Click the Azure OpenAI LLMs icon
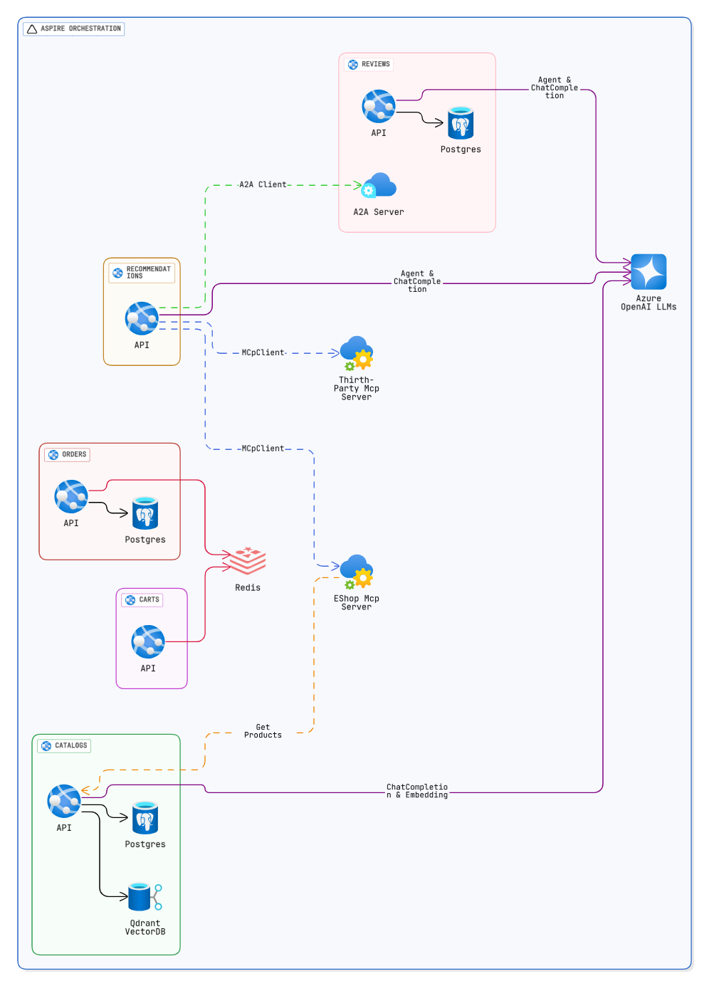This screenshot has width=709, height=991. click(648, 272)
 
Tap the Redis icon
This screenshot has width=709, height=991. click(248, 560)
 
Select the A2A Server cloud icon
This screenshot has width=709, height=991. click(379, 185)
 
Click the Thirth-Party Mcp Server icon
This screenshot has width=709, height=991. click(357, 354)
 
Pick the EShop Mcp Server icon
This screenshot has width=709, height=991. click(357, 572)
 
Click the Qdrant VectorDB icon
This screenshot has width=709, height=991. click(145, 897)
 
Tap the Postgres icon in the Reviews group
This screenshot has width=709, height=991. click(461, 123)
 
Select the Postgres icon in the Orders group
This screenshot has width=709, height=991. click(145, 513)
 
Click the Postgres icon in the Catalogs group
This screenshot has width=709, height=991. click(145, 818)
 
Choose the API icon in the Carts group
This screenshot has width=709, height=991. click(148, 642)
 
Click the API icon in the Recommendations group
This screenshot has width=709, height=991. click(142, 318)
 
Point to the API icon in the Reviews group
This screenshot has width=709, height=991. click(379, 107)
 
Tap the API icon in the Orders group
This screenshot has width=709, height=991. click(70, 497)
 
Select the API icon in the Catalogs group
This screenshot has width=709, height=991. click(64, 802)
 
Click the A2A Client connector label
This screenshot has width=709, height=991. click(263, 185)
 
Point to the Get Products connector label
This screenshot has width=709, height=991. click(263, 731)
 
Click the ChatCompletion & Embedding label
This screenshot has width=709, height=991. click(417, 791)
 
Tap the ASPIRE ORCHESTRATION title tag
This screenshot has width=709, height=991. click(74, 28)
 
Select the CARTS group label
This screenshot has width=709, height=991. click(142, 600)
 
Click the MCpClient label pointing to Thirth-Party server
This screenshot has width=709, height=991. click(263, 352)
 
